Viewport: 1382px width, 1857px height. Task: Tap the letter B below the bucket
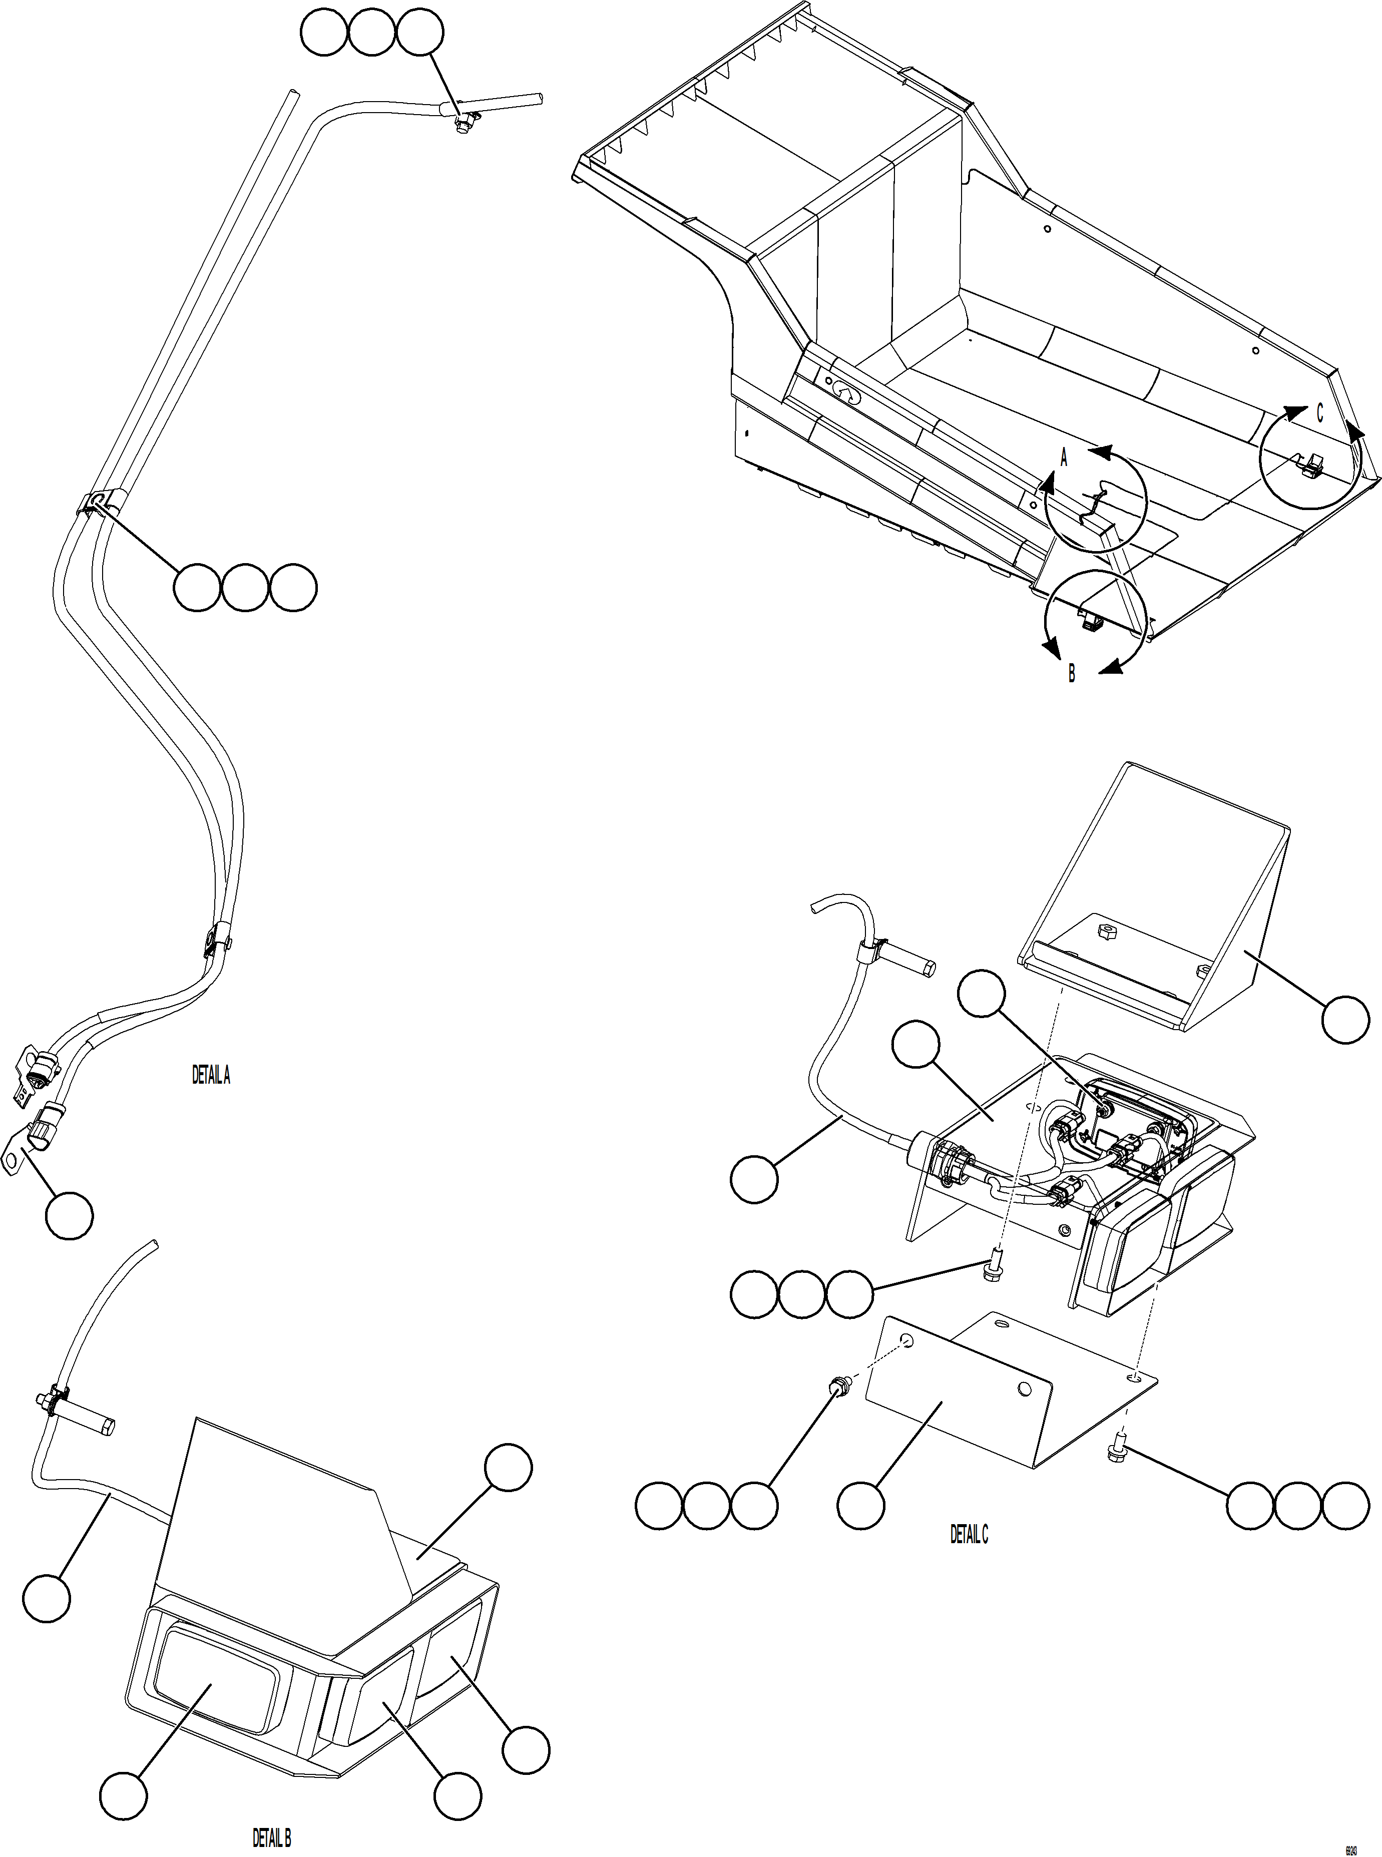(x=1072, y=673)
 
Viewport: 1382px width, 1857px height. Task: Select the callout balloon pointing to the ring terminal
(x=69, y=1215)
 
